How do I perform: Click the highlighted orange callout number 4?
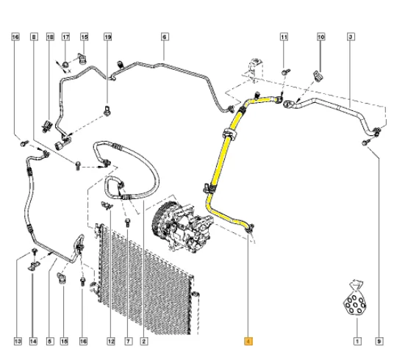pyautogui.click(x=248, y=340)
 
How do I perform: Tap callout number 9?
pyautogui.click(x=379, y=340)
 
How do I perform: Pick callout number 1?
pyautogui.click(x=357, y=340)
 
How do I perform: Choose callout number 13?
pyautogui.click(x=16, y=340)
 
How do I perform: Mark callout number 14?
pyautogui.click(x=32, y=340)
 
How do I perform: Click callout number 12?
pyautogui.click(x=111, y=340)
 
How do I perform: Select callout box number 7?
pyautogui.click(x=128, y=340)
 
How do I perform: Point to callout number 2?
pyautogui.click(x=144, y=340)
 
